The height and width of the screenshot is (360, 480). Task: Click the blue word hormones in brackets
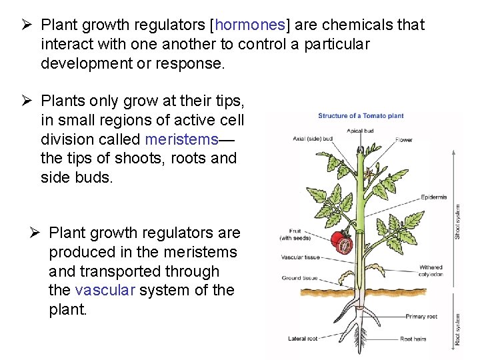[x=250, y=25]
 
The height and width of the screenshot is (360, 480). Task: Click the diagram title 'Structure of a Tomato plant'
[x=361, y=116]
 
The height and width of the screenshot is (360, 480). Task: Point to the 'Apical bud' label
[x=360, y=131]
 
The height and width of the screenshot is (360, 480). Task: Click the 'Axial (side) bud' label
[x=313, y=139]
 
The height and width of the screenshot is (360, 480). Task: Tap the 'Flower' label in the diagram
[x=403, y=140]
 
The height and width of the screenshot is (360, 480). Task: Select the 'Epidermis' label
[x=434, y=197]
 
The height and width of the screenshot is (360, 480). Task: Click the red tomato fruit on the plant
[x=343, y=243]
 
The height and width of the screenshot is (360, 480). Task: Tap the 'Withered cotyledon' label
[x=431, y=271]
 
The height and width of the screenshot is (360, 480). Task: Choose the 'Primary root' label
[x=421, y=317]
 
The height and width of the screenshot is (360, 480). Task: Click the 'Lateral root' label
[x=303, y=339]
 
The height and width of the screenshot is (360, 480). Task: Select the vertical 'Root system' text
[x=457, y=329]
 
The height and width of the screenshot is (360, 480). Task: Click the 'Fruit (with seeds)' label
[x=294, y=235]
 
